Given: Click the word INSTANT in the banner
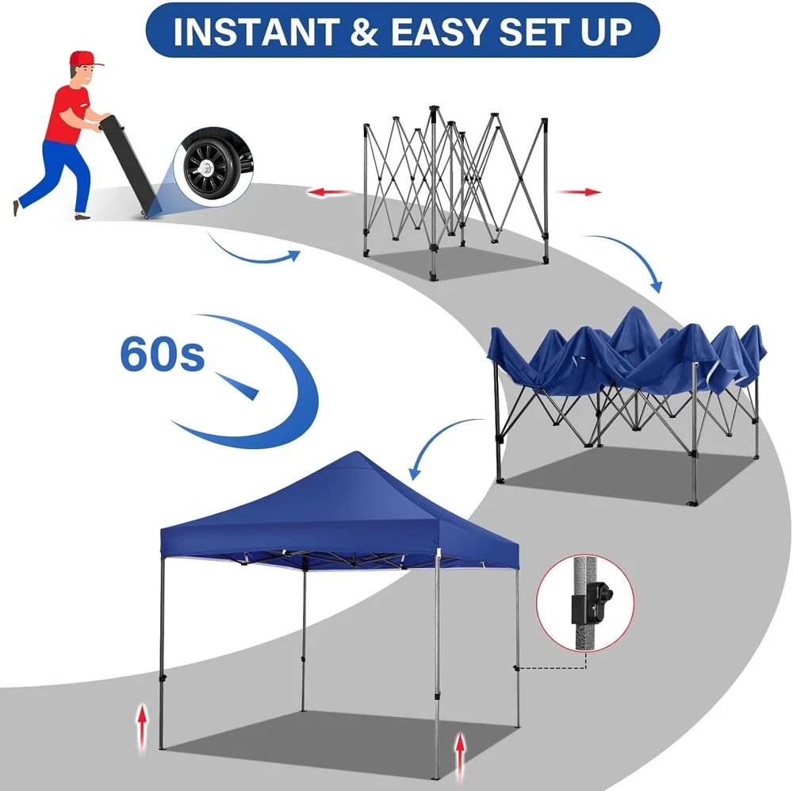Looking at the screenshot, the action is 256,32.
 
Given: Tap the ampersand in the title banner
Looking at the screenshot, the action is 365,32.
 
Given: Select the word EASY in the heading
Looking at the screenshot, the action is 439,32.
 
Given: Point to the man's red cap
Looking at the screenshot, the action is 85,59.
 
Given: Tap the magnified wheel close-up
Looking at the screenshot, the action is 214,167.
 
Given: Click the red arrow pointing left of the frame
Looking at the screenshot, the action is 330,192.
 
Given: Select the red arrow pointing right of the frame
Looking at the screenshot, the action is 579,192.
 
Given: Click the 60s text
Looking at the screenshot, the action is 163,355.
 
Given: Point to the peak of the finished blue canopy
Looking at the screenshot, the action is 358,454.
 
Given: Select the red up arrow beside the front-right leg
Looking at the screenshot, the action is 460,758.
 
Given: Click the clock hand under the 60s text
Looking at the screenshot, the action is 236,386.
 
